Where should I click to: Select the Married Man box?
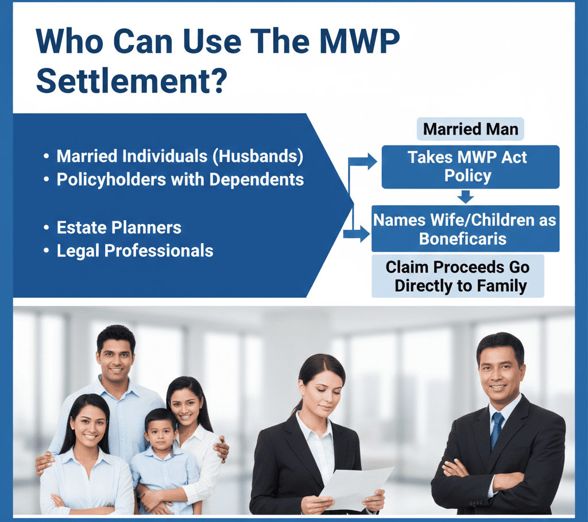(x=470, y=129)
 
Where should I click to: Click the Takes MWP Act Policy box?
(x=470, y=167)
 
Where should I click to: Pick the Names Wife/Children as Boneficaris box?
(x=465, y=228)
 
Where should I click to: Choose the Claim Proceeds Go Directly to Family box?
(x=458, y=277)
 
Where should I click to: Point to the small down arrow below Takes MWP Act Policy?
(x=466, y=197)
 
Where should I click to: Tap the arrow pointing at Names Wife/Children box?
(x=358, y=233)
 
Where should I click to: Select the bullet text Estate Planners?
(x=119, y=228)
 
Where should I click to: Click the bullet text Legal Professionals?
(x=135, y=251)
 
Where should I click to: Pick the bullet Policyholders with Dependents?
(x=180, y=179)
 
